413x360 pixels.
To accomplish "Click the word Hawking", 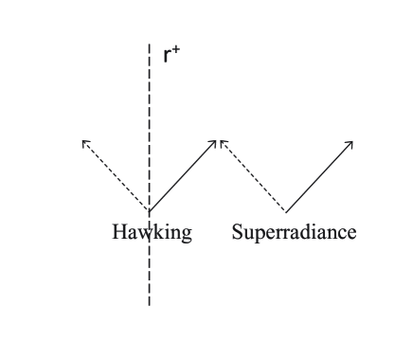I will [x=152, y=232].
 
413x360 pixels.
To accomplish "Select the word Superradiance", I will [x=294, y=232].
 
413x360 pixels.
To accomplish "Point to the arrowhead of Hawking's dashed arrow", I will [x=84, y=142].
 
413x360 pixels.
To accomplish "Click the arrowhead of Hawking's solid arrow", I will [x=217, y=142].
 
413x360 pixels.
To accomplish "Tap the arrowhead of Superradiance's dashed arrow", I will [x=222, y=142].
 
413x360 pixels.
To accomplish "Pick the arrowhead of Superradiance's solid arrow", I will [x=350, y=143].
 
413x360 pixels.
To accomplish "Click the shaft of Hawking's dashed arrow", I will [x=116, y=176].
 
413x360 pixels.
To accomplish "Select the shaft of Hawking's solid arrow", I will [x=183, y=176].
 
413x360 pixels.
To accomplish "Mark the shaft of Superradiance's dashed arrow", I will [x=253, y=176].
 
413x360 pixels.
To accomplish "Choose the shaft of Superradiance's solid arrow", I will [x=319, y=176].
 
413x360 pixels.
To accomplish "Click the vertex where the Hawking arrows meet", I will [x=149, y=210].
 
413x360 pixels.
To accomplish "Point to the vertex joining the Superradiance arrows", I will [x=286, y=210].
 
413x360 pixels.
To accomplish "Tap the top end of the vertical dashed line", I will [x=149, y=45].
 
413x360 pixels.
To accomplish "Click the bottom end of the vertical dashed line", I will [x=149, y=304].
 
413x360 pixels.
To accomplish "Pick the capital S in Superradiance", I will [x=237, y=232].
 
